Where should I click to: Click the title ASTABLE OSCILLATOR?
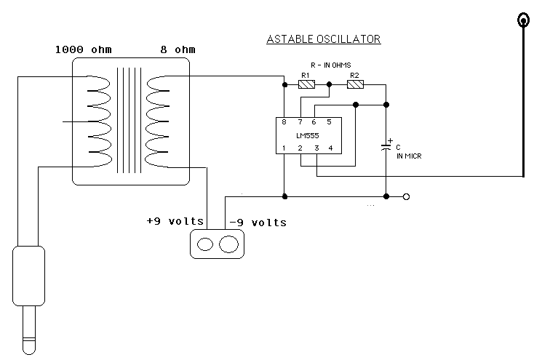tap(324, 39)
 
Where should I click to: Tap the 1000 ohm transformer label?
tap(83, 50)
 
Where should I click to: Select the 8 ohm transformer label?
tap(178, 50)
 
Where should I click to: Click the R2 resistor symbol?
tap(355, 85)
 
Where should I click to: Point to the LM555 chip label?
tap(308, 135)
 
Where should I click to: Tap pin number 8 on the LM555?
tap(284, 122)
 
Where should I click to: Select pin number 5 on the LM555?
tap(330, 122)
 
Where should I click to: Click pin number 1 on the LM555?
tap(284, 148)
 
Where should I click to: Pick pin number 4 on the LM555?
tap(330, 148)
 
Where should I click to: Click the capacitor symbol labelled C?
tap(386, 148)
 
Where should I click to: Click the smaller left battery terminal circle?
tap(206, 244)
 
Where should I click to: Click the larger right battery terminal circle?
tap(228, 244)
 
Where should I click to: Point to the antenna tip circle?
tap(522, 20)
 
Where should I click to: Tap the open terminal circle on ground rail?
tap(406, 196)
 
